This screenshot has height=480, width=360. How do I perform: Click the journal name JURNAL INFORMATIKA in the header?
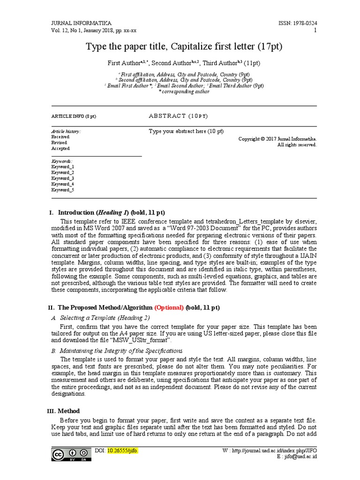tap(81, 23)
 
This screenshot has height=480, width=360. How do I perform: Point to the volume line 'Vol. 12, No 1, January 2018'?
tap(94, 30)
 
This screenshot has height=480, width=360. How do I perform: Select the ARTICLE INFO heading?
tap(74, 116)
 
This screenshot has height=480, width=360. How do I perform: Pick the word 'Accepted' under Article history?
tap(60, 149)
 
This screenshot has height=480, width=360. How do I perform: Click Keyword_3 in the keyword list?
tap(63, 179)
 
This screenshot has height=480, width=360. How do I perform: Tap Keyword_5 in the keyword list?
tap(63, 190)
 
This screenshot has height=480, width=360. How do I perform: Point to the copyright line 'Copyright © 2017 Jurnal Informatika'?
tap(277, 139)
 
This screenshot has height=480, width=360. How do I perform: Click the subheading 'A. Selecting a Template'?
tap(100, 318)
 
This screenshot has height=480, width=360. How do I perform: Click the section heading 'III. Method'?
tap(64, 411)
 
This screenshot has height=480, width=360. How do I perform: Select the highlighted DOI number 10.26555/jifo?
tap(123, 450)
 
